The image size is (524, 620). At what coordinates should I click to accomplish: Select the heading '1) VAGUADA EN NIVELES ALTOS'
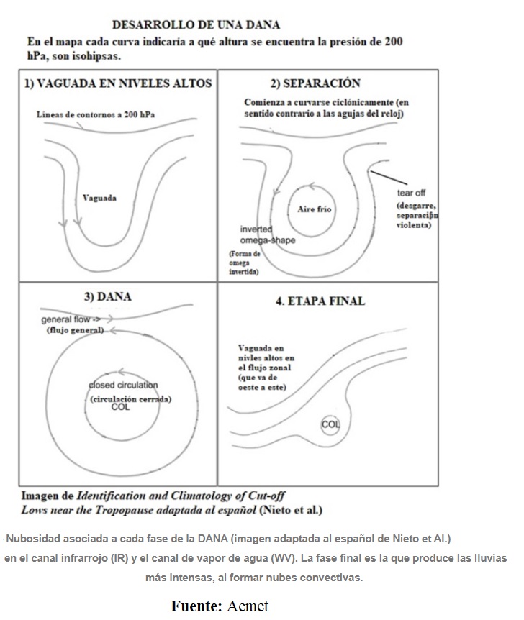(118, 83)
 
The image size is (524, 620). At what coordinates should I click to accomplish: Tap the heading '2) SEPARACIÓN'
(315, 83)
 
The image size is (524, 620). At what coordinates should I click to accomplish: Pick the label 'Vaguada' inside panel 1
(100, 198)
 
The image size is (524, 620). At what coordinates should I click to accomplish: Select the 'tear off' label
(412, 193)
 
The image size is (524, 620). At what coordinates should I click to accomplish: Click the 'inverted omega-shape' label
(267, 234)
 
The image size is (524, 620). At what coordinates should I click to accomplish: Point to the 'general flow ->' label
(71, 319)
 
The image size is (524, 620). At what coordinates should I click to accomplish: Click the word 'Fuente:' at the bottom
(196, 606)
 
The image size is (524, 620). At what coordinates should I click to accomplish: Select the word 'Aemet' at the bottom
(248, 606)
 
